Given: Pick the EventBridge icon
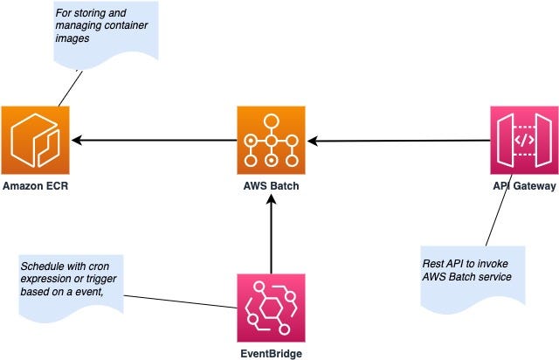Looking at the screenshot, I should click(x=271, y=308).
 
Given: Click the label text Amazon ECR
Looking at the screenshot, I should click(x=35, y=186).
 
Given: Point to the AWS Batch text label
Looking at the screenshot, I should click(x=272, y=186).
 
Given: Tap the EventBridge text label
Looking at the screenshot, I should click(x=272, y=354).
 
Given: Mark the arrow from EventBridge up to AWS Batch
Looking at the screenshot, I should click(x=272, y=236).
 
